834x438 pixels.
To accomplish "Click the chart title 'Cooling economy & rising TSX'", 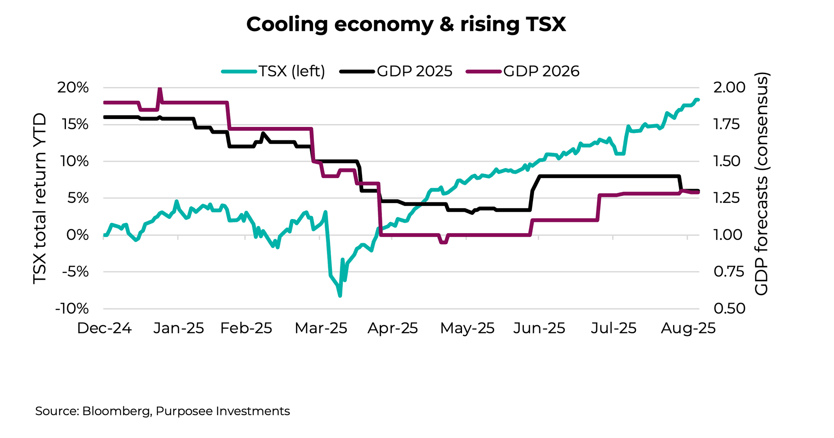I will [x=406, y=25].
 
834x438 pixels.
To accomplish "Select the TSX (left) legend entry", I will [x=274, y=71].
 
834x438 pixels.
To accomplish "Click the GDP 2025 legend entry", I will [x=397, y=71].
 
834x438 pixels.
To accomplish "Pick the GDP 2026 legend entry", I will [x=523, y=71].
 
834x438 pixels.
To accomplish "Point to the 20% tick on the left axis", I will [x=73, y=88].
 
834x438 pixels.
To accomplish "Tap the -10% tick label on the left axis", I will [x=72, y=309].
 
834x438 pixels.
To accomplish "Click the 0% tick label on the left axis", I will [x=78, y=235].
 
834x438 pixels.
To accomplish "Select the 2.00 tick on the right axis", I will [x=729, y=87].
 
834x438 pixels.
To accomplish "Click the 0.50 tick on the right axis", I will [x=729, y=309].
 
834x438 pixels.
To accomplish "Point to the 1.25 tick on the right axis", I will [x=729, y=198].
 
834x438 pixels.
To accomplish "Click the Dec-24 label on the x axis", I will [x=104, y=328].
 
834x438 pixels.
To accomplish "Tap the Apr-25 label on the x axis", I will [x=392, y=328].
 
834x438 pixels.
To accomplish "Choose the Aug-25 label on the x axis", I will [x=688, y=328].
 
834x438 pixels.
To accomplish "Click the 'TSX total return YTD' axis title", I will [x=40, y=199].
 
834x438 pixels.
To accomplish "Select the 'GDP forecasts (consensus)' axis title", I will [x=762, y=184].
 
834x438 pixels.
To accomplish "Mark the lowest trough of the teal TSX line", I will [x=340, y=296].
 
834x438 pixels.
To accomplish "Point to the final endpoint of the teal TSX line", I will [x=698, y=100].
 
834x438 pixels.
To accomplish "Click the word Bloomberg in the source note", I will [x=116, y=411].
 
